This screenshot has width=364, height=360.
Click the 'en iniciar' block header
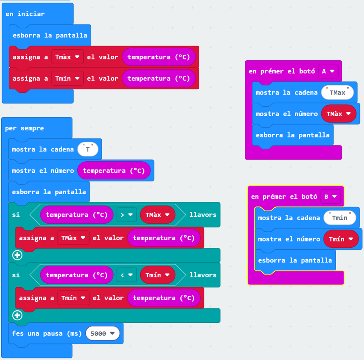(25, 14)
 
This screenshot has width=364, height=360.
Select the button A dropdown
(328, 71)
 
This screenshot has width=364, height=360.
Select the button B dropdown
(330, 196)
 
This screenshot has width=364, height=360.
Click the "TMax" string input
(337, 92)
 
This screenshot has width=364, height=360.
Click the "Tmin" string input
(340, 218)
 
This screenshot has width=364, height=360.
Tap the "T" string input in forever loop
(88, 149)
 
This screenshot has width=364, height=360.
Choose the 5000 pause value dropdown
(103, 333)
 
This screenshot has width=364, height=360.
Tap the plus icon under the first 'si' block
(17, 255)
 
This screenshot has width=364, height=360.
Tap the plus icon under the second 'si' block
(17, 315)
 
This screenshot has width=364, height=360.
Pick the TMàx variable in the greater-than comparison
(158, 214)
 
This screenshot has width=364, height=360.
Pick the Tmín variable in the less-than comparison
(158, 275)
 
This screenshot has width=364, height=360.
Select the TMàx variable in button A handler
(339, 114)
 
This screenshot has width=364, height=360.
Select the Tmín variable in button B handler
(341, 239)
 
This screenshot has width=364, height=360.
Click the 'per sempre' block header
(24, 128)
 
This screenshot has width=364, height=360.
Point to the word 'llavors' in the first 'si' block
(203, 214)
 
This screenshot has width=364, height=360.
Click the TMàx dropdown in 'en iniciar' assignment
(68, 57)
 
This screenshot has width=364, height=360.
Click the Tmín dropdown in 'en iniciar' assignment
(68, 78)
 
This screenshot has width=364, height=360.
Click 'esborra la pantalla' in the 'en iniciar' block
(50, 35)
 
